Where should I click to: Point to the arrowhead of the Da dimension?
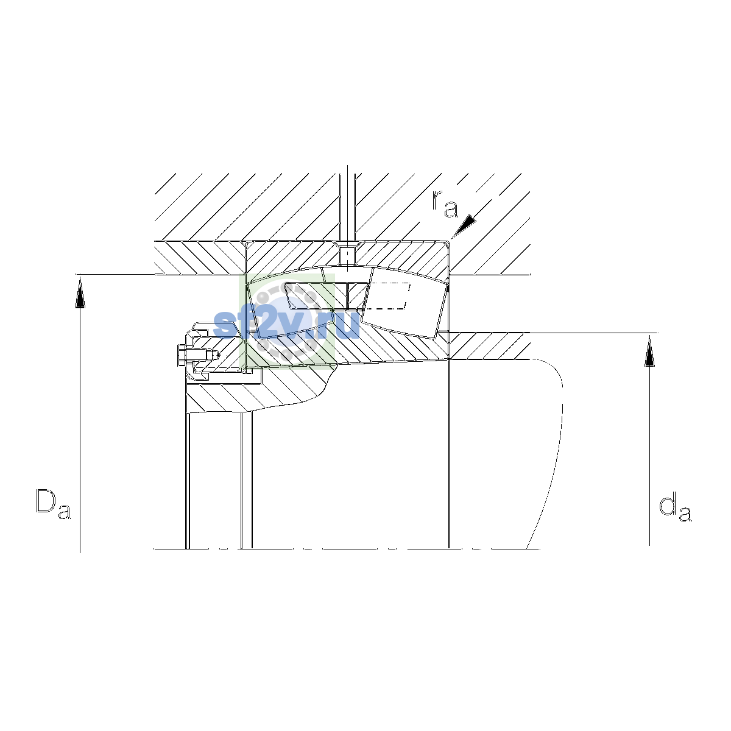[80, 292]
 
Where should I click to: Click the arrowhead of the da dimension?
[649, 350]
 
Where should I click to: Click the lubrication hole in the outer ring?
[347, 256]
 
